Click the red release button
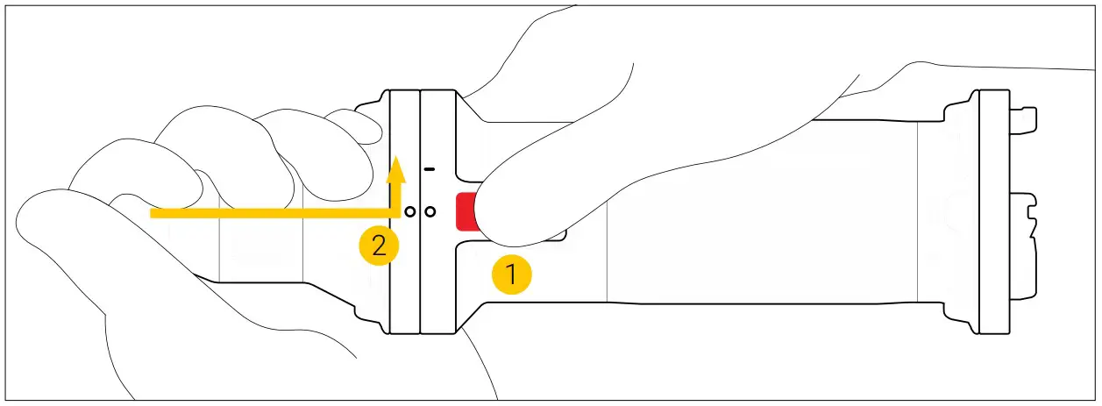[x=466, y=211]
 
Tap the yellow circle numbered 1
[x=512, y=274]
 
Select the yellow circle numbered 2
[x=379, y=245]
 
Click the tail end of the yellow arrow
[x=151, y=213]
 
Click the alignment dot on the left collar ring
[x=409, y=212]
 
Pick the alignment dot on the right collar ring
[x=430, y=212]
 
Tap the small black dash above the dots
[x=430, y=169]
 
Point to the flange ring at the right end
[x=994, y=212]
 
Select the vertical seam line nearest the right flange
[x=918, y=212]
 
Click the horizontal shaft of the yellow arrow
[x=274, y=213]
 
